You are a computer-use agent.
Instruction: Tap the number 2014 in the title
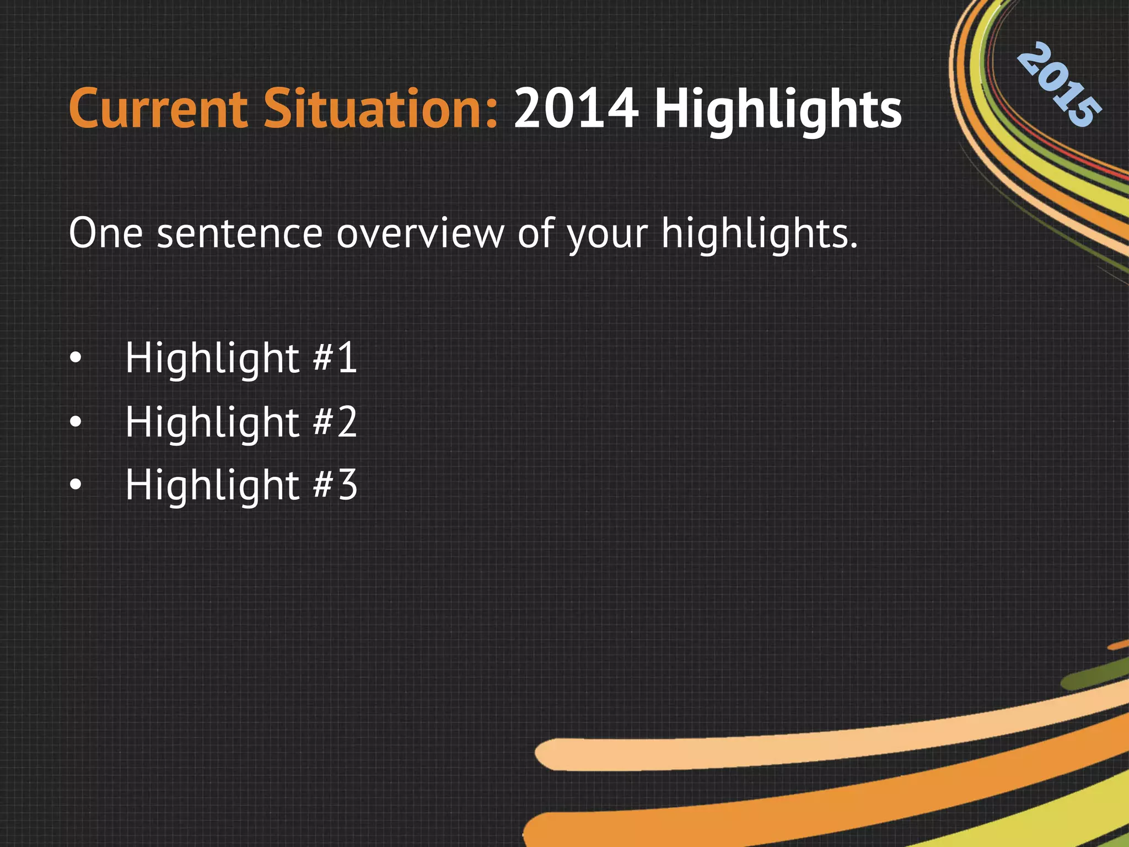[577, 110]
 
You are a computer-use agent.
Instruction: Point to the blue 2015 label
[1058, 85]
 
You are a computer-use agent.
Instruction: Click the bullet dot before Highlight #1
[76, 359]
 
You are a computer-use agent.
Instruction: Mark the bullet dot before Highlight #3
[76, 486]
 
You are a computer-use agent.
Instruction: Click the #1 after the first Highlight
[335, 358]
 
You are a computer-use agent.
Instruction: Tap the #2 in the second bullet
[335, 422]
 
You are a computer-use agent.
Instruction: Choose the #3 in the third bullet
[335, 485]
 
